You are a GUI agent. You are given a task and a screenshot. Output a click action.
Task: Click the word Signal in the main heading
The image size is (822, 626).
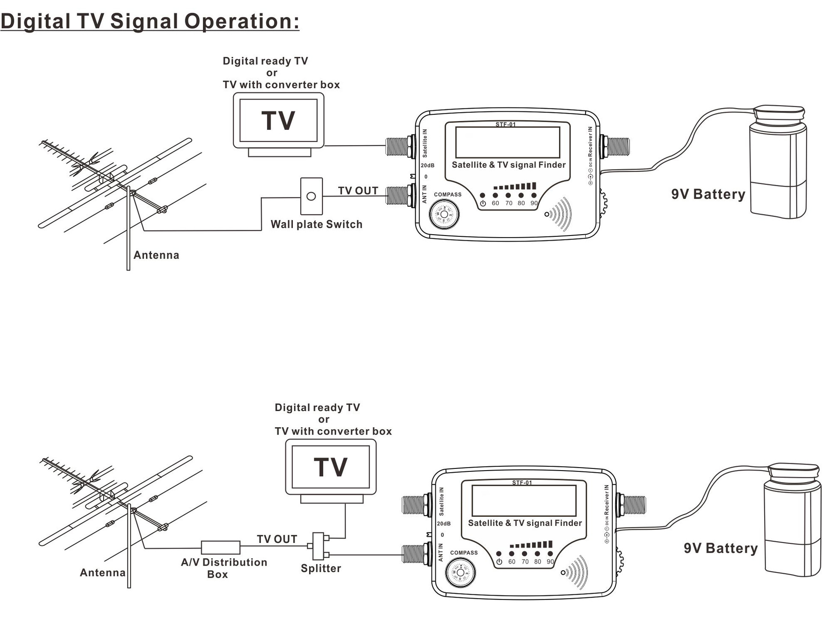[x=144, y=21]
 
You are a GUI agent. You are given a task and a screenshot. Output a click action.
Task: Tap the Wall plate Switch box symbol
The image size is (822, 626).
[x=311, y=196]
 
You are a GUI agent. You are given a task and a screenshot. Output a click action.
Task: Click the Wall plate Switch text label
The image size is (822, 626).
[x=316, y=224]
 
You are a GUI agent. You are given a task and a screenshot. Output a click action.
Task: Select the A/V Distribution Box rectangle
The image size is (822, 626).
[x=220, y=547]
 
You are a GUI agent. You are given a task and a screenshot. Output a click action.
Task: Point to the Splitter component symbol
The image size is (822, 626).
[x=319, y=546]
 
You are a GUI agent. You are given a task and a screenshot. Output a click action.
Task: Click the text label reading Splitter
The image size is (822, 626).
[x=321, y=568]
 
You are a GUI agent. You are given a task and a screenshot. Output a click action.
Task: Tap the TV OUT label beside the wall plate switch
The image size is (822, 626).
[x=358, y=191]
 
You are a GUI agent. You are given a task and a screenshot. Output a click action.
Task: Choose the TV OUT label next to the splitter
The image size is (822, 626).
[x=277, y=539]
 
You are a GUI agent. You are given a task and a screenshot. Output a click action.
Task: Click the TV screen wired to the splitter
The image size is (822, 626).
[x=331, y=467]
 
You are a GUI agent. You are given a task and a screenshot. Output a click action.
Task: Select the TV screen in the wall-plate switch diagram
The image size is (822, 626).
[x=278, y=120]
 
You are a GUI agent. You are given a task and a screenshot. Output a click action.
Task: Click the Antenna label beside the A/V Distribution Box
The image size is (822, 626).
[x=103, y=572]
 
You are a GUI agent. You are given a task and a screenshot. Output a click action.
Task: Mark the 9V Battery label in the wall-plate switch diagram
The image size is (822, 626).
[x=708, y=194]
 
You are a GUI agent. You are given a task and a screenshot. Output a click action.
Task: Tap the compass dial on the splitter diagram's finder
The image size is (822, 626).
[x=460, y=572]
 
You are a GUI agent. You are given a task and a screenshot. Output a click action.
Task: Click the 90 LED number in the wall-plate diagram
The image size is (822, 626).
[x=534, y=203]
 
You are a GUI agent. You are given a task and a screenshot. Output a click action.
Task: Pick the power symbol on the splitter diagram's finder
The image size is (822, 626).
[x=499, y=561]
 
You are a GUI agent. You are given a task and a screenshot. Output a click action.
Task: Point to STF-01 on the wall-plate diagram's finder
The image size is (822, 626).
[x=506, y=125]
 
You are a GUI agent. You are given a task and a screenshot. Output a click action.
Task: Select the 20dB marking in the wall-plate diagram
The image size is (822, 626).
[x=427, y=165]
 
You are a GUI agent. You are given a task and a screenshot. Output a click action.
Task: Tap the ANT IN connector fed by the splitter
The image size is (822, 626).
[x=415, y=554]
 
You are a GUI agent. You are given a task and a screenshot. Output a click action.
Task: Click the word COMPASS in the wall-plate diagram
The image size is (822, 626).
[x=447, y=194]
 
